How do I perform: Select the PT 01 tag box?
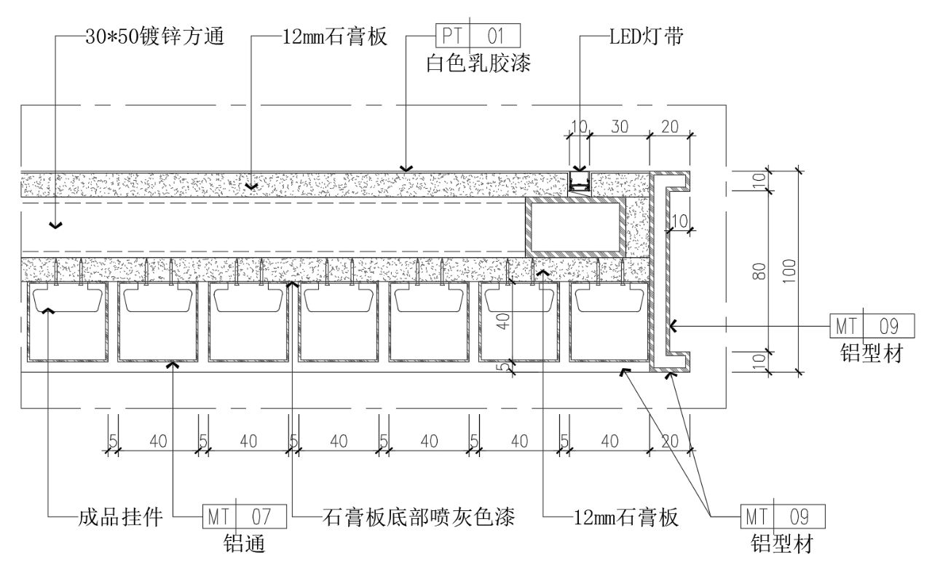[x=478, y=36]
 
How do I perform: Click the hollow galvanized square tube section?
[x=575, y=227]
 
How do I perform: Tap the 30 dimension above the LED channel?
[x=620, y=126]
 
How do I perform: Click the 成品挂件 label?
[x=119, y=518]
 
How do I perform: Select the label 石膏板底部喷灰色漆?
[x=419, y=518]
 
